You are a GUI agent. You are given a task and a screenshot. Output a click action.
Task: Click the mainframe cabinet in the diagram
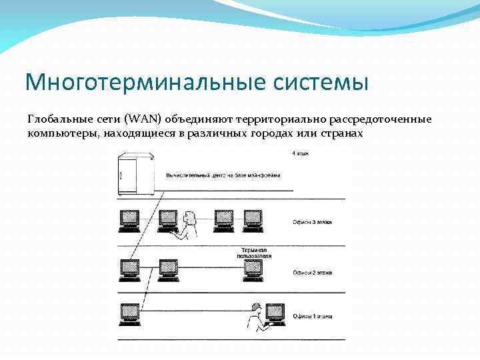point(136,174)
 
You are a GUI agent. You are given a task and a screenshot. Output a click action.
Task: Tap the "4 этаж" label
point(300,154)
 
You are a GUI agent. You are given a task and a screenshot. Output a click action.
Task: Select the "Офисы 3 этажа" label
point(312,222)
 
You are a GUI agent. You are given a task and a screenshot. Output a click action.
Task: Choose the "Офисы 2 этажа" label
point(312,272)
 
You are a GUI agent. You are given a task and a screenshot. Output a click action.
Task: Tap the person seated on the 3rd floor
point(189,224)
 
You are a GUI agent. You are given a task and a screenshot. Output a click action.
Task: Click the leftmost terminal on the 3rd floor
point(129,219)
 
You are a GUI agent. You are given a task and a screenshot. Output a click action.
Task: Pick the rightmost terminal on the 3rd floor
point(253,219)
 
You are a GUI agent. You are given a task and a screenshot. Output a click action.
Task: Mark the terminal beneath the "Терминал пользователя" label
point(252,268)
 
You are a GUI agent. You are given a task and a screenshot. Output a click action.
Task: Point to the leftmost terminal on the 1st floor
point(129,313)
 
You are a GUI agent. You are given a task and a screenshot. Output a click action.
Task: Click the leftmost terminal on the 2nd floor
point(129,268)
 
